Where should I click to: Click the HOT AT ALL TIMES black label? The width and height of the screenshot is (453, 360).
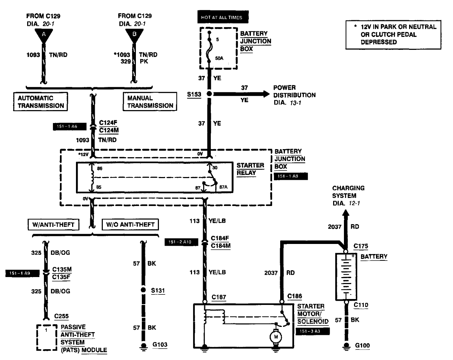coord(222,17)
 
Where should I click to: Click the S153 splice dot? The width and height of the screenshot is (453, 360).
coord(209,94)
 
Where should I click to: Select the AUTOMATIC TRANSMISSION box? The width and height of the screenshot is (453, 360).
coord(41,102)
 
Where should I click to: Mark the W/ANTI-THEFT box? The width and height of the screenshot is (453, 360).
coord(53,225)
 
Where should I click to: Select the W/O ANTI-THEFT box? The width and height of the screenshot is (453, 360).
coord(130,225)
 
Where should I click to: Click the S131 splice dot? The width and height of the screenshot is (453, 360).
coord(143,290)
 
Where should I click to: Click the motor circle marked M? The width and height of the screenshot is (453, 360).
coord(276,337)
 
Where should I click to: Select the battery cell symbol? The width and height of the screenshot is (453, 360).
coord(346,276)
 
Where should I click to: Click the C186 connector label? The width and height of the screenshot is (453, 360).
coord(294,296)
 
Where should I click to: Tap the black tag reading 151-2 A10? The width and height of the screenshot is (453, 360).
coord(181,242)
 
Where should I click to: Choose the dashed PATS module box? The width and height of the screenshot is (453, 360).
coord(47,337)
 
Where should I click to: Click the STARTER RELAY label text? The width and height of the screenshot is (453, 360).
coord(250,169)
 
